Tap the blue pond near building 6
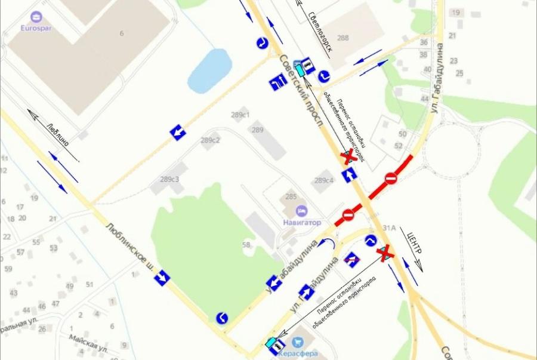pos(209,70)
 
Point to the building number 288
pos(342,38)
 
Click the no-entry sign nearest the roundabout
pos(391,178)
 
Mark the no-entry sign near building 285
pos(348,215)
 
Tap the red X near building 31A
pos(385,253)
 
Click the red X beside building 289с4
pos(349,156)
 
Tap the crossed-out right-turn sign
pos(351,260)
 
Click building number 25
pos(459,73)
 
